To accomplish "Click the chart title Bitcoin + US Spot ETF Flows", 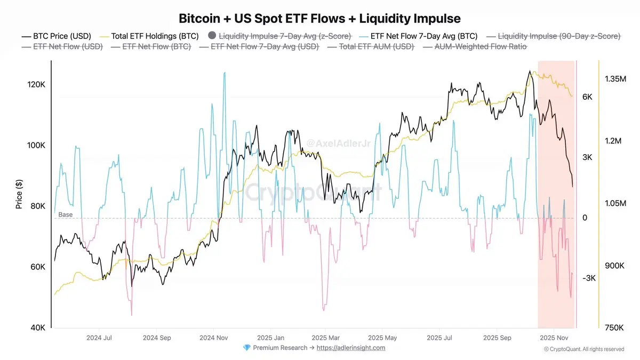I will (x=319, y=18).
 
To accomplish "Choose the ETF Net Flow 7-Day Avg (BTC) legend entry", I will (x=425, y=36).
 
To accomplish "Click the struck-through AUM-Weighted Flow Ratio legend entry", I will (x=481, y=47).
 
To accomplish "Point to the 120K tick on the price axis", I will (x=36, y=85).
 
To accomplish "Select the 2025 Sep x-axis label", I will (x=497, y=338).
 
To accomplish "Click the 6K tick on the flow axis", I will (x=588, y=97).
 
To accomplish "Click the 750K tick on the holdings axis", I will (x=614, y=328).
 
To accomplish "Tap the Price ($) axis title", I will (x=20, y=194).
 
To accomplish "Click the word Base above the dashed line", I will (x=66, y=214).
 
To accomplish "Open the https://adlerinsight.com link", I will (x=350, y=348).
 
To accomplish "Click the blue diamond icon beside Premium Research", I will (x=246, y=348).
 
